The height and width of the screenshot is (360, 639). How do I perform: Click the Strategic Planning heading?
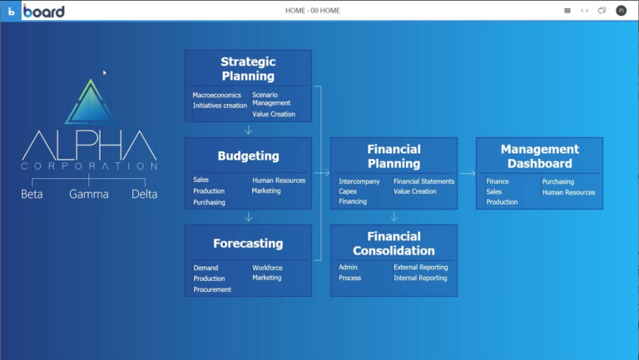[248, 69]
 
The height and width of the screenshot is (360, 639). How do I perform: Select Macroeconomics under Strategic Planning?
[217, 95]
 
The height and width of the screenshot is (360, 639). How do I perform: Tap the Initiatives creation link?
[220, 106]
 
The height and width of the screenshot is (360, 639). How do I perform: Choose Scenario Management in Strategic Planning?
[271, 99]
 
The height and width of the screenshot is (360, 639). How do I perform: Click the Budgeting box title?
[248, 156]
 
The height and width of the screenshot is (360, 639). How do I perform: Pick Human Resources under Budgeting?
[279, 180]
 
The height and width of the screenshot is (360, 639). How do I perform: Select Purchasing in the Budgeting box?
[209, 202]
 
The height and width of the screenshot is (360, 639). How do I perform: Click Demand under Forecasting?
[206, 268]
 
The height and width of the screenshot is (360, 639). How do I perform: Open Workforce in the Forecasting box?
[267, 268]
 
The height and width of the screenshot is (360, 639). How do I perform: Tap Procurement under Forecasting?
[212, 289]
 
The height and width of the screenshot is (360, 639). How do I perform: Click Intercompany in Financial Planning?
[359, 181]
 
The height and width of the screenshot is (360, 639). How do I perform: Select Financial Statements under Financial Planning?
[424, 181]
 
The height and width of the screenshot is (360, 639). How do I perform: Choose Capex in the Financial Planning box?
[348, 191]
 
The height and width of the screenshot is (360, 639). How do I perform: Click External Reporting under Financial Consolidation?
[420, 267]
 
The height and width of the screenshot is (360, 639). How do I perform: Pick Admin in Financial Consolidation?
[348, 267]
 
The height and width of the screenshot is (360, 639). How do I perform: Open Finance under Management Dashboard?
[498, 181]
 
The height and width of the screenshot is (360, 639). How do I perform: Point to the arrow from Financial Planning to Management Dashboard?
[467, 173]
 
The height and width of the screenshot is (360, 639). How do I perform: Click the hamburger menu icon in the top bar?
[567, 11]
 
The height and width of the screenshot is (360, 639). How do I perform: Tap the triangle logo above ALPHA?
[91, 101]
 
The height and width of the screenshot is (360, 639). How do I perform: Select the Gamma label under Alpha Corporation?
[89, 194]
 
